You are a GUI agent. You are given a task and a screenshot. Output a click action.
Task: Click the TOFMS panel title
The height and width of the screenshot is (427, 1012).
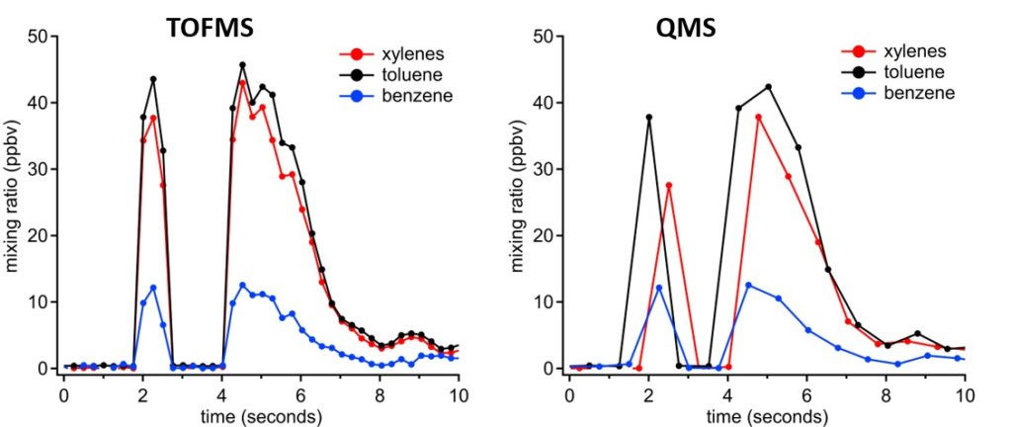click(x=211, y=28)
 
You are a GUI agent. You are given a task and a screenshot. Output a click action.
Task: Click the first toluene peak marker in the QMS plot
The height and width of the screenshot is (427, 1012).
click(x=649, y=117)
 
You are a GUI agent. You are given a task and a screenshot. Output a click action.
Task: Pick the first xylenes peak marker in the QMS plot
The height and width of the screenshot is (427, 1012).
click(x=669, y=185)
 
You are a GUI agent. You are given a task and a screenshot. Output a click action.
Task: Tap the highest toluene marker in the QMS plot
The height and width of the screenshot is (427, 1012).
click(x=768, y=87)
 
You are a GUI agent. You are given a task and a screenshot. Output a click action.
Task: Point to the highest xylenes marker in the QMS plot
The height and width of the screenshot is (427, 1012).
click(x=758, y=117)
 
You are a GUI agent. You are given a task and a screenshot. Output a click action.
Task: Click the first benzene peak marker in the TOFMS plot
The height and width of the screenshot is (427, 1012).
click(x=153, y=288)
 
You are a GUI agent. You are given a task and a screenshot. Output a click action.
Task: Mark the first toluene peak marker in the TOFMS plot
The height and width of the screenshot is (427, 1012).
click(x=153, y=79)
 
